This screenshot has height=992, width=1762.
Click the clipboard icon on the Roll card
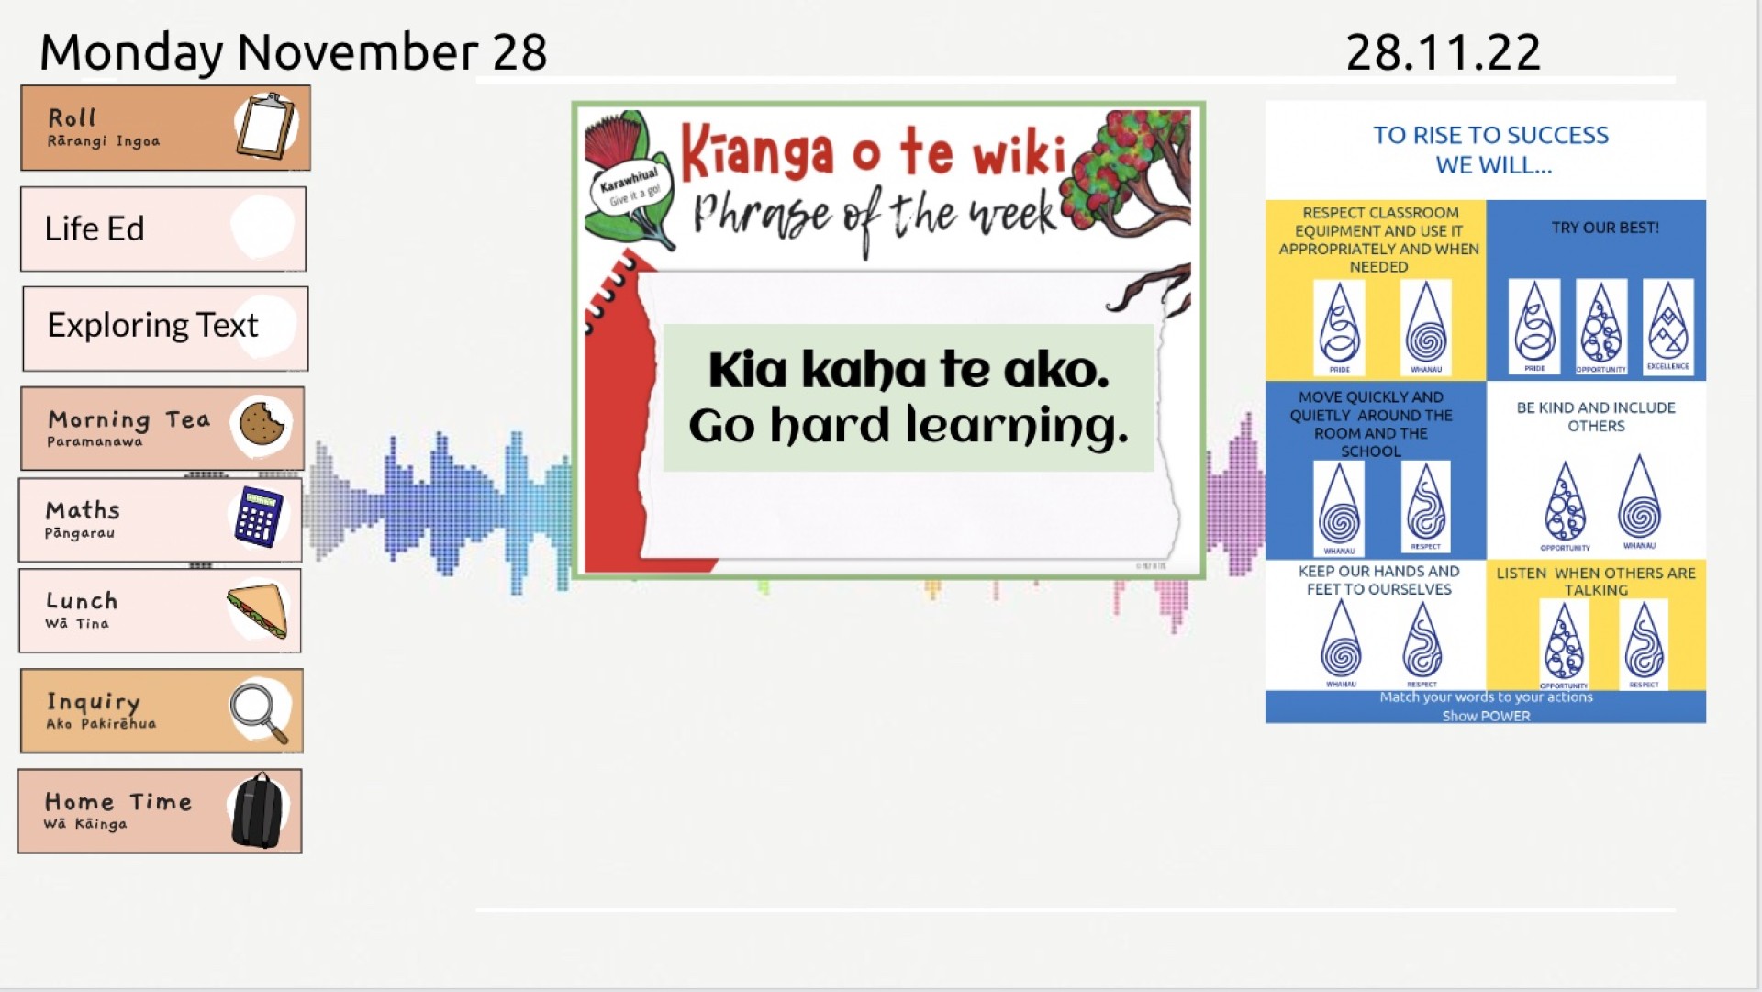pyautogui.click(x=266, y=126)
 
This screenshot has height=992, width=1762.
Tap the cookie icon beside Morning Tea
pyautogui.click(x=262, y=423)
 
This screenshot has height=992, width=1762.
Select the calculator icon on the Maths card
pyautogui.click(x=258, y=517)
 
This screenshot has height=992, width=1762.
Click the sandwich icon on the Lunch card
pyautogui.click(x=258, y=610)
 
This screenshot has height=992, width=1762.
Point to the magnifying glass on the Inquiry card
pyautogui.click(x=259, y=712)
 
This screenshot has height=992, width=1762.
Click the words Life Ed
pyautogui.click(x=95, y=228)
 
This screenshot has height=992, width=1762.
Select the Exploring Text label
pyautogui.click(x=152, y=325)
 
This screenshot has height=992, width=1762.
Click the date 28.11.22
pyautogui.click(x=1443, y=52)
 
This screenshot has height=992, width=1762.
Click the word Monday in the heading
pyautogui.click(x=131, y=52)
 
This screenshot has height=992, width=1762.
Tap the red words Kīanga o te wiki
pyautogui.click(x=873, y=150)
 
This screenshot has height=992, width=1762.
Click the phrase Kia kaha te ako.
pyautogui.click(x=909, y=370)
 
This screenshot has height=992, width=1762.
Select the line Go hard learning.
pyautogui.click(x=909, y=426)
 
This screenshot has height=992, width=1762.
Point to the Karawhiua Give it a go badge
pyautogui.click(x=630, y=187)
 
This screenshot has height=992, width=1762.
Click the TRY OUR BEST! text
pyautogui.click(x=1604, y=228)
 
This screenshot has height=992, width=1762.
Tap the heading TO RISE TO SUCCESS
pyautogui.click(x=1490, y=136)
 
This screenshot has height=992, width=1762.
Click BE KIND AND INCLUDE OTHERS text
pyautogui.click(x=1595, y=417)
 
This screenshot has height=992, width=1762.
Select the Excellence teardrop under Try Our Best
pyautogui.click(x=1667, y=327)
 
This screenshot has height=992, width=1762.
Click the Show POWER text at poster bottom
pyautogui.click(x=1486, y=717)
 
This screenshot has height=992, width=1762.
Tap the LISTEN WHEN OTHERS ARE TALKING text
pyautogui.click(x=1595, y=581)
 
